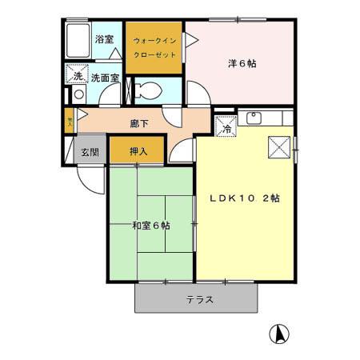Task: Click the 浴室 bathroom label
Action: click(104, 38)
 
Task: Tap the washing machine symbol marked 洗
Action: click(78, 76)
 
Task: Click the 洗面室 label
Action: click(105, 78)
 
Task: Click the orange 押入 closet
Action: click(137, 149)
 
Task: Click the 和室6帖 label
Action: click(150, 226)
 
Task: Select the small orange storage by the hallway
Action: click(70, 122)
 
